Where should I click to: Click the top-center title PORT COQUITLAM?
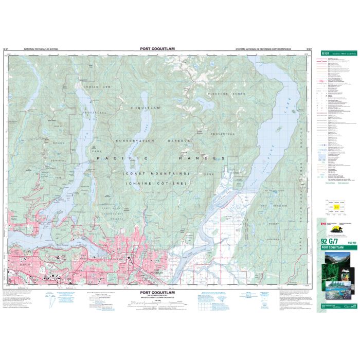[157, 49]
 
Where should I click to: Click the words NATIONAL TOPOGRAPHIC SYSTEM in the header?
[38, 49]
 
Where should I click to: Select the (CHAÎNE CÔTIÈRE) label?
[157, 184]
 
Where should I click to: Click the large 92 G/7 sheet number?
[328, 241]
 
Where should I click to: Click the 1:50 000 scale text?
[350, 242]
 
